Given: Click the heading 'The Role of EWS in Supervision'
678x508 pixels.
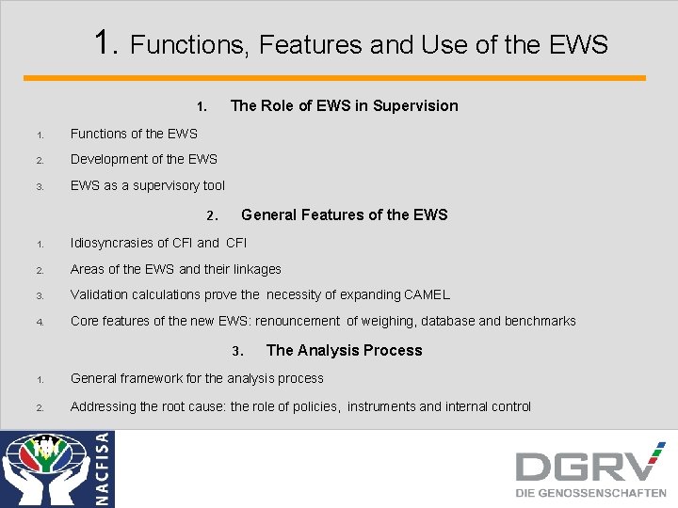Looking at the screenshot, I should click(344, 105).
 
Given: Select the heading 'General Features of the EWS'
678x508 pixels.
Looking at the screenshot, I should click(344, 214).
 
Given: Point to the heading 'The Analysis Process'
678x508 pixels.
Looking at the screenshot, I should click(344, 350).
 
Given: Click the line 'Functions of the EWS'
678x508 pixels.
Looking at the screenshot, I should click(134, 134).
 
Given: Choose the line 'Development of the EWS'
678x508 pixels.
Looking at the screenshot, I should click(143, 159).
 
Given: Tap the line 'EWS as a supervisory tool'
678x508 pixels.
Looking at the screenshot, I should click(148, 186).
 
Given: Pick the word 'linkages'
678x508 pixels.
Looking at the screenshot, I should click(254, 269).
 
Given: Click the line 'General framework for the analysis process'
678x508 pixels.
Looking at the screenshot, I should click(197, 378).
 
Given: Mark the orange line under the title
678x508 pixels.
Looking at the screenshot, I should click(334, 78).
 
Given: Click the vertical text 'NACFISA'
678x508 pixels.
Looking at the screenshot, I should click(103, 468).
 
